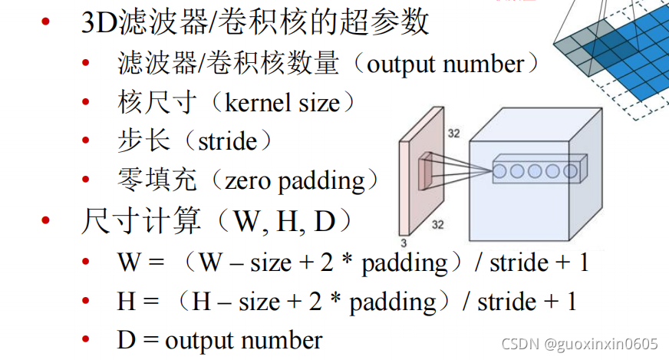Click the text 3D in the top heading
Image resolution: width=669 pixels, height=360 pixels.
point(99,23)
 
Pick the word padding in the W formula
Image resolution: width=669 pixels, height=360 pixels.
point(405,263)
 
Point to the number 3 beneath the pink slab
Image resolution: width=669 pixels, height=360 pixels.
point(404,243)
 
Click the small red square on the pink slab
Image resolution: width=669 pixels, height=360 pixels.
point(425,173)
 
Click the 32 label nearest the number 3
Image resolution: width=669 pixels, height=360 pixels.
point(437,225)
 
